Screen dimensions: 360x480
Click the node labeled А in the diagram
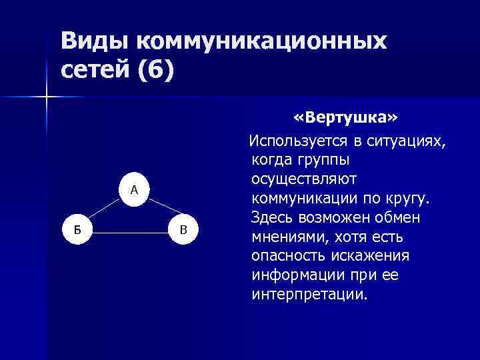pyautogui.click(x=134, y=190)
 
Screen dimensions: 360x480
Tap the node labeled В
pyautogui.click(x=185, y=231)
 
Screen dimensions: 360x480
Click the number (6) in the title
pyautogui.click(x=155, y=69)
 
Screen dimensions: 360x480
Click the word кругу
pyautogui.click(x=408, y=199)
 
